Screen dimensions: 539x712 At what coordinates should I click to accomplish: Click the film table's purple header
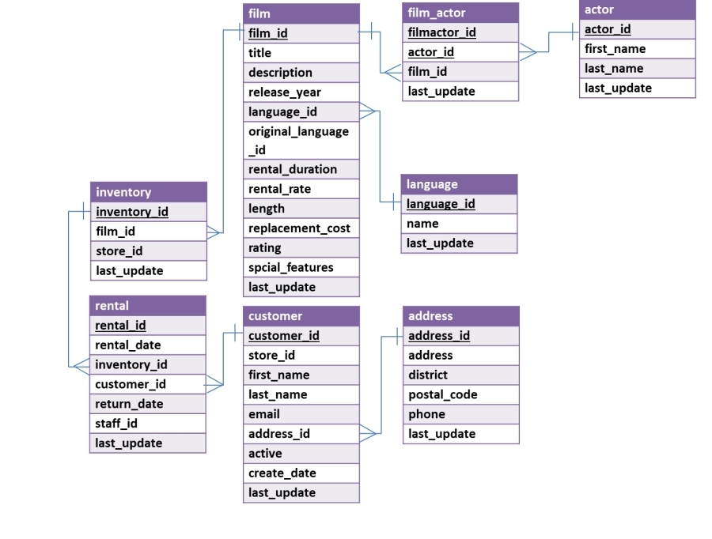point(301,13)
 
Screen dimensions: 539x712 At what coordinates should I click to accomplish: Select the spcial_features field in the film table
point(291,267)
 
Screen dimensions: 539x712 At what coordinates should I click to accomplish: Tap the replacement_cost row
point(299,228)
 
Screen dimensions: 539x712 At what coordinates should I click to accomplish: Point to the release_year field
point(285,92)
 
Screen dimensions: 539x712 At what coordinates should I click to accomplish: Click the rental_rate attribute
point(280,189)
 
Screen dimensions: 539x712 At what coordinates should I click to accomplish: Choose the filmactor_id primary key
point(442,32)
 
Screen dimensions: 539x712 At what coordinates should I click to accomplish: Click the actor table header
point(637,9)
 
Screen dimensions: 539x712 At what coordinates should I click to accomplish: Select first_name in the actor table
point(615,49)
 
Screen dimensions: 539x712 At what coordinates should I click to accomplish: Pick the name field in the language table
point(422,224)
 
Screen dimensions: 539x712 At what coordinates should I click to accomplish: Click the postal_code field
point(443,394)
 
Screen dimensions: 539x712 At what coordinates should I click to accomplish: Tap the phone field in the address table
point(426,414)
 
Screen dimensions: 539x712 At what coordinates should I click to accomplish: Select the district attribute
point(428,375)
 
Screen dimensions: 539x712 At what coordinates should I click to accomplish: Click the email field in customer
point(264,414)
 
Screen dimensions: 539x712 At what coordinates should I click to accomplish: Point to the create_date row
point(282,473)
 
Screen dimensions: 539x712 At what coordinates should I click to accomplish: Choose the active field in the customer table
point(265,454)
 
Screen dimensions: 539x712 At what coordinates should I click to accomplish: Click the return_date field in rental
point(129,404)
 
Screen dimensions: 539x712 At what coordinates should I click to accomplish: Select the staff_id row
point(116,424)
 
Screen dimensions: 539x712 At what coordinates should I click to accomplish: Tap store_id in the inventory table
point(119,251)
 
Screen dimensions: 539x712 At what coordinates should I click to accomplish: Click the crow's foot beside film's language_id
point(368,111)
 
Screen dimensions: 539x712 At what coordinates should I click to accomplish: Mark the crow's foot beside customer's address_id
point(368,433)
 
